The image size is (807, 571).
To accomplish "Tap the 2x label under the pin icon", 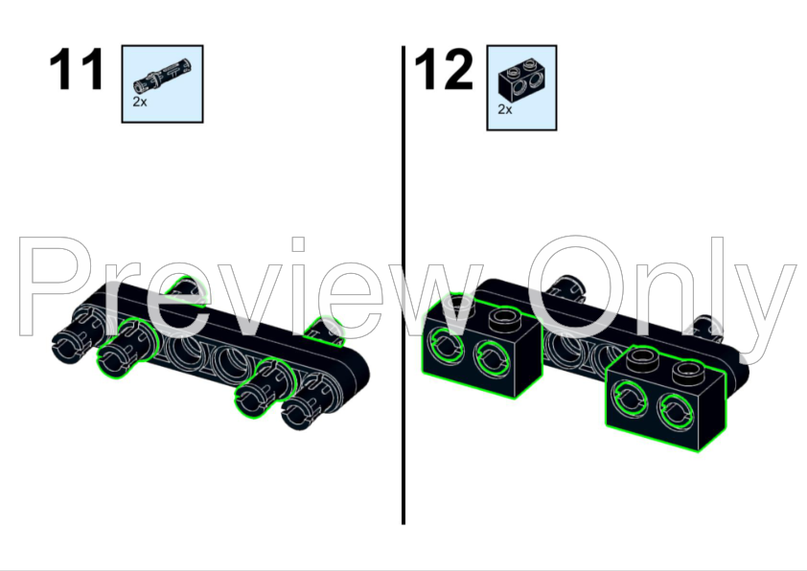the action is coord(140,102).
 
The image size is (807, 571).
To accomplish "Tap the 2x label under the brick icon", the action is coord(505,109).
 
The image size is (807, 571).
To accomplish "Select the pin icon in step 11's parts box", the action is coord(162,79).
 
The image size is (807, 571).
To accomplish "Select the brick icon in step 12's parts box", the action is coord(522,80).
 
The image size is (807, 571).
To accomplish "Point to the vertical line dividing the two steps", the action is coord(403,285).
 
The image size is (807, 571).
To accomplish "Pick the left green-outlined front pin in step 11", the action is coord(124,350).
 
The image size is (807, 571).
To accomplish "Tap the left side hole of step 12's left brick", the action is coord(447,345).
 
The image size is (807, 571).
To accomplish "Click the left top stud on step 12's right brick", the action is coord(642,359).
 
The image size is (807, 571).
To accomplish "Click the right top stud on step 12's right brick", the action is coord(688,373).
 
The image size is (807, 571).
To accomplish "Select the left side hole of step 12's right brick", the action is coord(629,399).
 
